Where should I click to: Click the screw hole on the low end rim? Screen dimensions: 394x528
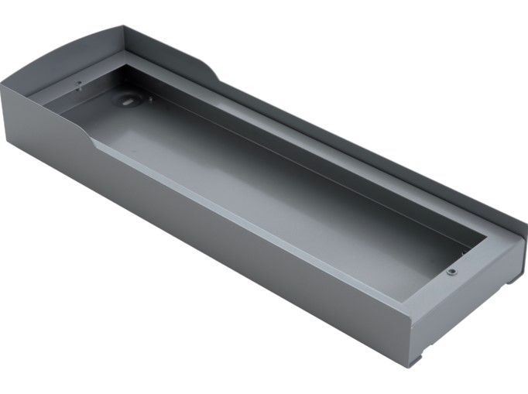(450, 272)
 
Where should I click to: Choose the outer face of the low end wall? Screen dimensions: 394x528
(465, 317)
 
